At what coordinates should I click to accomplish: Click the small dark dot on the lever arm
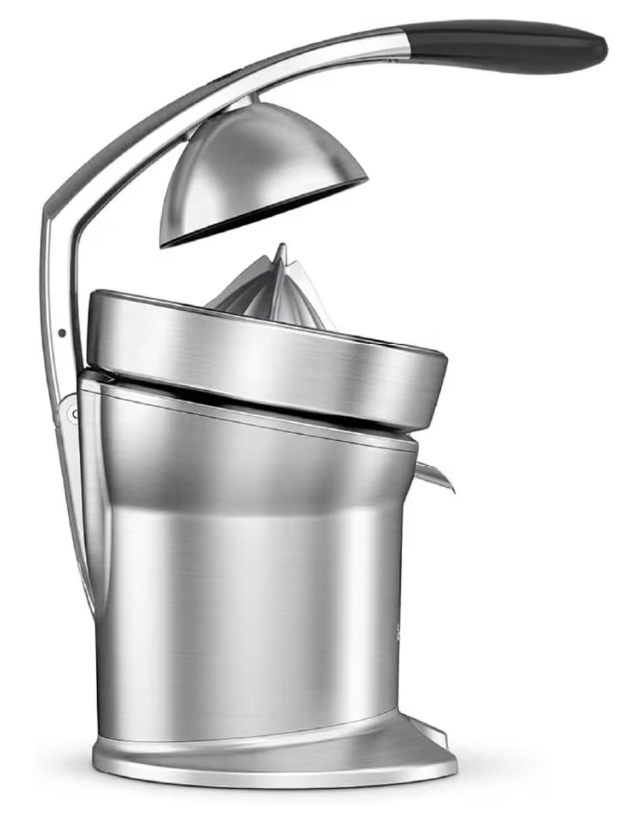pos(62,333)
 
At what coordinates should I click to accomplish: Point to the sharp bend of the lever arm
pos(49,216)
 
